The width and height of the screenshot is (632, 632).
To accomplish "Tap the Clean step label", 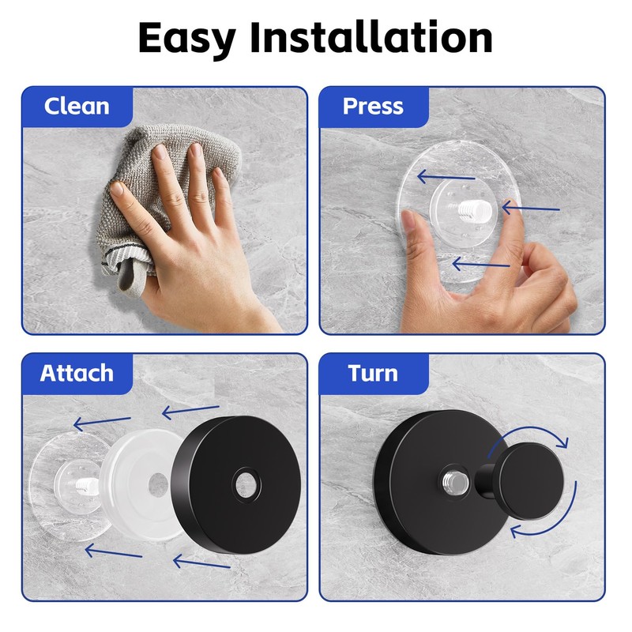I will pyautogui.click(x=77, y=106).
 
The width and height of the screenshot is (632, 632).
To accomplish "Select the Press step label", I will pyautogui.click(x=373, y=106).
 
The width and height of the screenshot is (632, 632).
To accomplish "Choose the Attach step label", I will pyautogui.click(x=77, y=373).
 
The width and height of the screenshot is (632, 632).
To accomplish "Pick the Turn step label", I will pyautogui.click(x=373, y=373).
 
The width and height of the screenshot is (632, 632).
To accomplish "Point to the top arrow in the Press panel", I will pyautogui.click(x=446, y=175).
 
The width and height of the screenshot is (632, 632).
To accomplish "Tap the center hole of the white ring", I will pyautogui.click(x=158, y=480).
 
